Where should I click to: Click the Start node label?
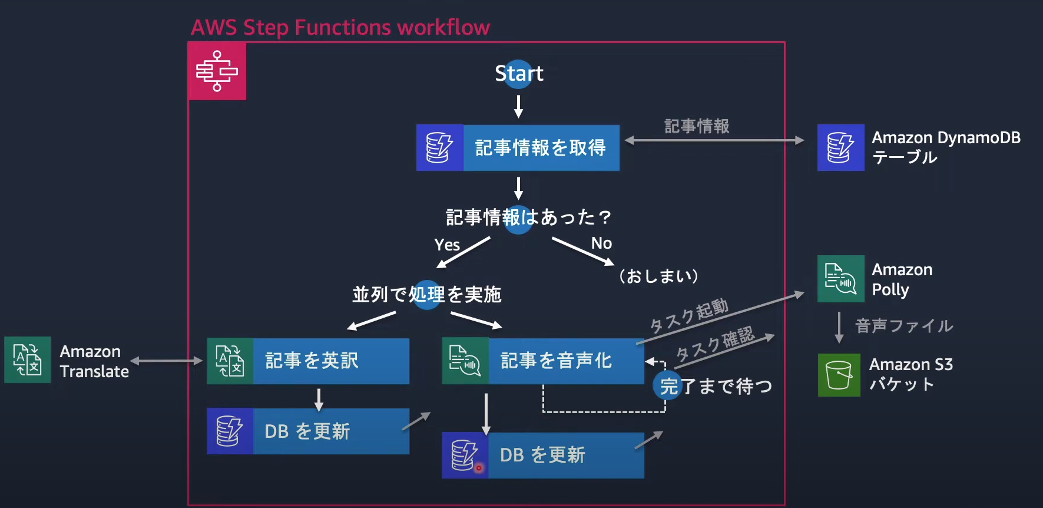(x=518, y=74)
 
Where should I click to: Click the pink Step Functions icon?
(x=217, y=71)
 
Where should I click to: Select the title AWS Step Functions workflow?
(x=340, y=28)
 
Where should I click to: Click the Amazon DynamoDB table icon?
(x=840, y=147)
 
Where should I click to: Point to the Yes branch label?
(x=447, y=245)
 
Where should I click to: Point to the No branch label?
(x=601, y=243)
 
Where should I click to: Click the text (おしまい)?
(x=658, y=276)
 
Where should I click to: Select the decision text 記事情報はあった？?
(x=528, y=217)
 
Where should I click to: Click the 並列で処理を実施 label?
(x=426, y=294)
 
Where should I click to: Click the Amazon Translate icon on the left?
(x=27, y=360)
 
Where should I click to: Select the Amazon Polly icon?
(x=840, y=279)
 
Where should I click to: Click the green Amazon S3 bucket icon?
(x=839, y=375)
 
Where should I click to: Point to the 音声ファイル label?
(x=903, y=326)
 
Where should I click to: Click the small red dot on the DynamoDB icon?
(x=479, y=468)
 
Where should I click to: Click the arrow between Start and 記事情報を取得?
(x=518, y=107)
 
